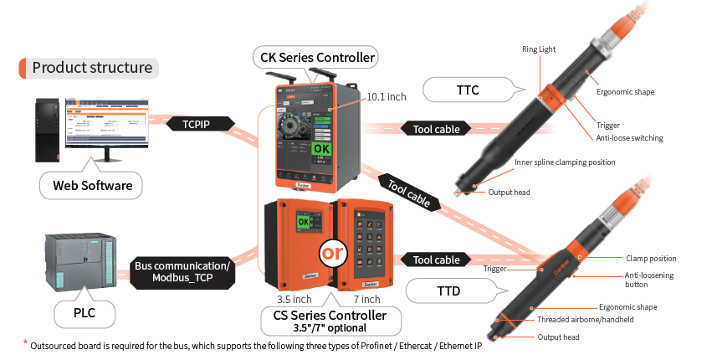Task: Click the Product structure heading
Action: coord(91,68)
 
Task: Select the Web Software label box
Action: coord(93,185)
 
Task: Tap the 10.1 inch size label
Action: coord(386,97)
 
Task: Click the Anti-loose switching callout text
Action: coord(630,138)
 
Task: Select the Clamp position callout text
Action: coord(651,258)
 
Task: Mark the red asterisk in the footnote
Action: coord(25,342)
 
